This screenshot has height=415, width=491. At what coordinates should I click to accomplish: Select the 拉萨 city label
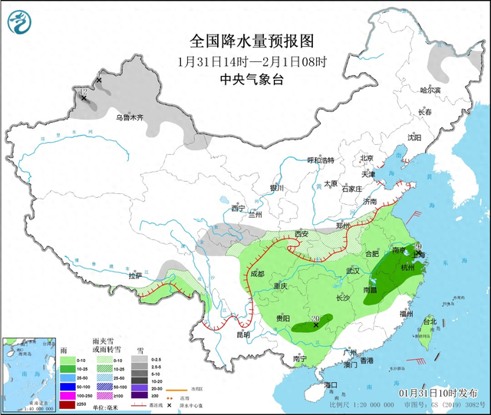pyautogui.click(x=136, y=275)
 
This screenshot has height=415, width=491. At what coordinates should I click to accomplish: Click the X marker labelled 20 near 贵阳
pyautogui.click(x=315, y=325)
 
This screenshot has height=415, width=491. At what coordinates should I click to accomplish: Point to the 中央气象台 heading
pyautogui.click(x=252, y=80)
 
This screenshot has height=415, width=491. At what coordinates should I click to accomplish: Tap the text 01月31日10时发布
pyautogui.click(x=442, y=392)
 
